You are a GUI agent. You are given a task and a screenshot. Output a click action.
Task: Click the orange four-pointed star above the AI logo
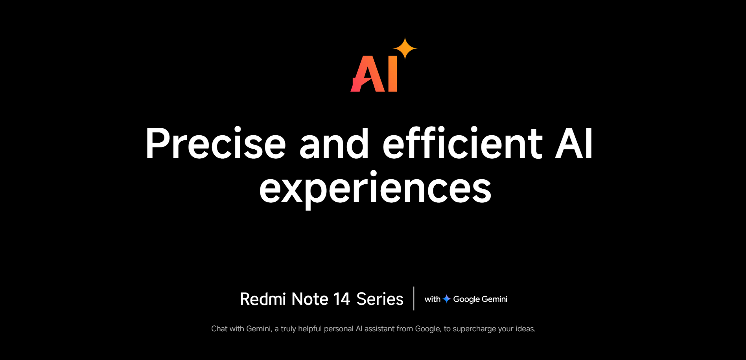(405, 48)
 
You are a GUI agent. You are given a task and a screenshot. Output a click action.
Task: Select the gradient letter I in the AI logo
(392, 74)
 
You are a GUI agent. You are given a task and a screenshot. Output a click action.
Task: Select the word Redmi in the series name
(263, 299)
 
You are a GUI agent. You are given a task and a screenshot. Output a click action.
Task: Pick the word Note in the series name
(310, 299)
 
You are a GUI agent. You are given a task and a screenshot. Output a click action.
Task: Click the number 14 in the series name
(342, 299)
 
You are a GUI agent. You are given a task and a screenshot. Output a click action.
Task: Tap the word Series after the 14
(380, 299)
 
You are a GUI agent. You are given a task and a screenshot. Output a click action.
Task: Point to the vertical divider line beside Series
(414, 298)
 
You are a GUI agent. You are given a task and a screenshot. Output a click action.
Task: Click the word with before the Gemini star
(433, 299)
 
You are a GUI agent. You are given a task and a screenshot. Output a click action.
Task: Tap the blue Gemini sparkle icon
(447, 299)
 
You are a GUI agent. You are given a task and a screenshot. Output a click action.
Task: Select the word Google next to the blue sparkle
(466, 299)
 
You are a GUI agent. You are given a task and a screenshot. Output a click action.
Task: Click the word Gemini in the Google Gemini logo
(494, 299)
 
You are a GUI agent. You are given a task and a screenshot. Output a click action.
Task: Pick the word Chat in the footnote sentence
(219, 329)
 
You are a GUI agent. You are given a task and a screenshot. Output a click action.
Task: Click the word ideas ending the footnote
(525, 329)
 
